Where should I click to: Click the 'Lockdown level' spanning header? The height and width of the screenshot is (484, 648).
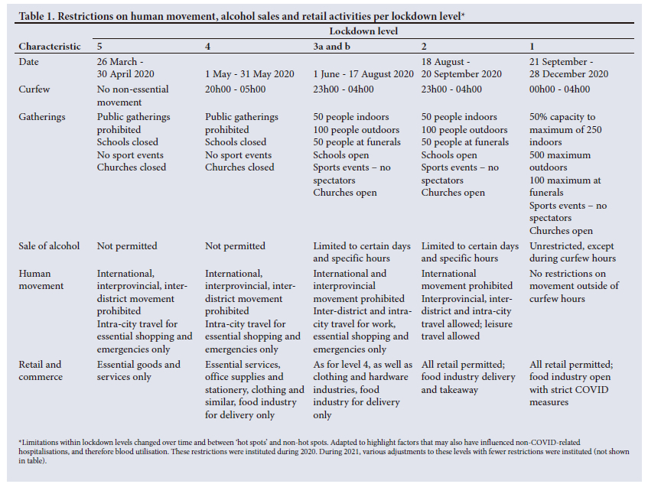point(363,31)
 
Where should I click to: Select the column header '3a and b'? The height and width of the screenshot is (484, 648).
point(334,47)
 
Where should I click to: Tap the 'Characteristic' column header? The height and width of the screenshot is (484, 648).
point(50,47)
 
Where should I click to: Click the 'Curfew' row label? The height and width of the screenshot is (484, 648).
point(34,89)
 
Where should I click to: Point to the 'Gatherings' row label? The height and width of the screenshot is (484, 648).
point(42,117)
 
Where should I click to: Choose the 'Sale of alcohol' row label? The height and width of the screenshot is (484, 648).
point(49,246)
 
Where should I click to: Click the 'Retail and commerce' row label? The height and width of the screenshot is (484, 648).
point(41,371)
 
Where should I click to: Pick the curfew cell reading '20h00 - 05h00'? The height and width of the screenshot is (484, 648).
point(237,89)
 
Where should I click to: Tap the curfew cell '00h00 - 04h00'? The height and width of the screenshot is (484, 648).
point(560,89)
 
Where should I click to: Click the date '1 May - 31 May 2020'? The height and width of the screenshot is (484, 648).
point(249,74)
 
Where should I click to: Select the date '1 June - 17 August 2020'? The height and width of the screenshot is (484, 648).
point(363,74)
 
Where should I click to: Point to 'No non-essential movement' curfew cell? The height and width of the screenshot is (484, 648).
point(132,96)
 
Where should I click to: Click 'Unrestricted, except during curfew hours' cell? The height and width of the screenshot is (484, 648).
point(572,252)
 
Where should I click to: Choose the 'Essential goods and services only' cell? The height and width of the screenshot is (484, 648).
point(138,371)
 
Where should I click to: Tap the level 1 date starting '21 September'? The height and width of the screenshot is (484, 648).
point(568,68)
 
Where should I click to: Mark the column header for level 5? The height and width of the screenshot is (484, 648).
point(100,47)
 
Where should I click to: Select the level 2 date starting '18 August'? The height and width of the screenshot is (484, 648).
point(461,68)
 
